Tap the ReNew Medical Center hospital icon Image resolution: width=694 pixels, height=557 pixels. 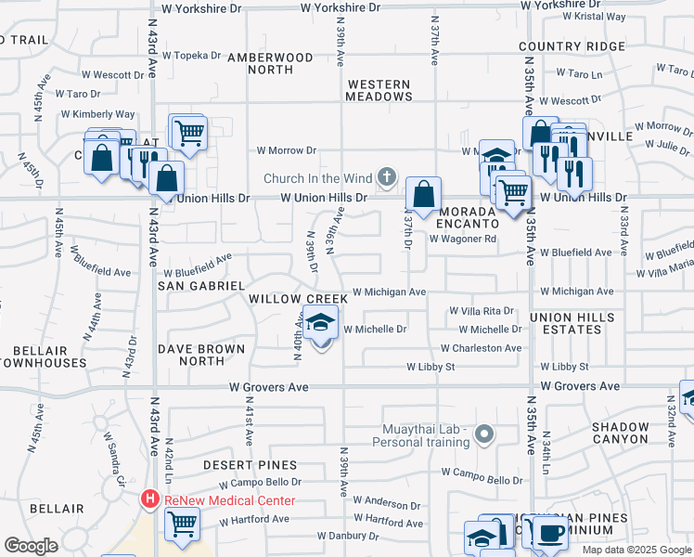coord(149,500)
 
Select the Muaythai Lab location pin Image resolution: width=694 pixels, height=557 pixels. coord(482,434)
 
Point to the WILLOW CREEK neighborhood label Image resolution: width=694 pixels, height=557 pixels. coord(298,299)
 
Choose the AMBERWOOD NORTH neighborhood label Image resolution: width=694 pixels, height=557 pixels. coord(272,63)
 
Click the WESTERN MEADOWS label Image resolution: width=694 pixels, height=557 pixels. coord(379,90)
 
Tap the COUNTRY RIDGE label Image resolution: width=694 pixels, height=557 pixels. coord(572,46)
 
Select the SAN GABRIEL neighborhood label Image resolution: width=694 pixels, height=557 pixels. coord(200,286)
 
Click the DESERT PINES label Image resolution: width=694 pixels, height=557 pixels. coord(251,465)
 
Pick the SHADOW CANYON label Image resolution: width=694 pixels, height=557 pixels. coord(621,433)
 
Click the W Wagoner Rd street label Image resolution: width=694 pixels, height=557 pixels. coord(463,239)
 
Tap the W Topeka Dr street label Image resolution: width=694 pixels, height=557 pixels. coord(191,55)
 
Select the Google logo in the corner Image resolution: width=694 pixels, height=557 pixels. coord(32,546)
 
